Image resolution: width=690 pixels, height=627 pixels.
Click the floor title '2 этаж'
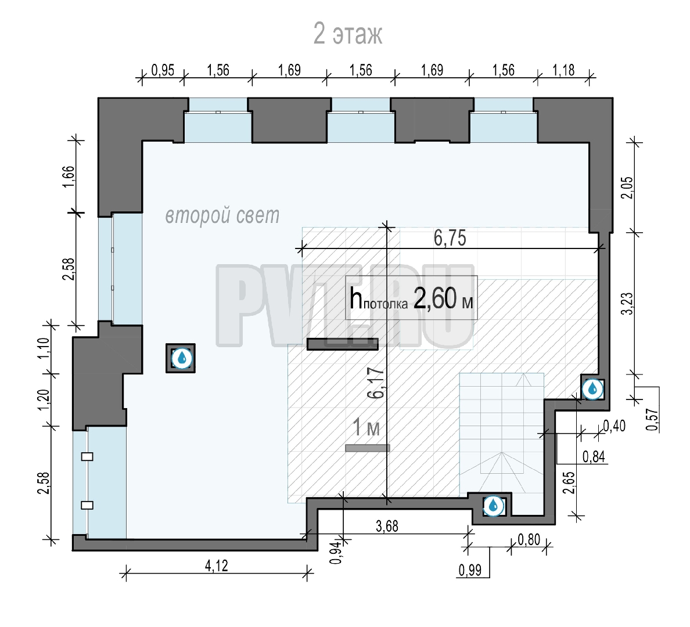coord(348,34)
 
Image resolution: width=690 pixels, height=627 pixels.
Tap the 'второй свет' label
coord(222,215)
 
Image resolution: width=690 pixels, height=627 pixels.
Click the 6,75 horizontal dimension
coord(450,238)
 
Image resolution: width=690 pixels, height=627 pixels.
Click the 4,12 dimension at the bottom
coord(217,565)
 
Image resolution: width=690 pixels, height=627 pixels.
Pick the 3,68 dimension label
coord(387,526)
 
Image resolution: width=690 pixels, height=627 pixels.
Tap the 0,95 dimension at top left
coord(163,70)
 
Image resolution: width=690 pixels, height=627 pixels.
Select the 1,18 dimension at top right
coord(563,70)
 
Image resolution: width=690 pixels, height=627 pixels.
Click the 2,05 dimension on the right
coord(627,188)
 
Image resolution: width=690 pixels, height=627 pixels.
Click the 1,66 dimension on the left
coord(69,176)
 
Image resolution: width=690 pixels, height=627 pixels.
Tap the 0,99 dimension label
coord(470,570)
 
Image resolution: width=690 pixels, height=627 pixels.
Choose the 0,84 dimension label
coord(594,457)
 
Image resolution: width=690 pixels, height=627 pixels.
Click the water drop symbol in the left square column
coord(181,359)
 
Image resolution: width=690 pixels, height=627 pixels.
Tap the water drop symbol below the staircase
coord(493,506)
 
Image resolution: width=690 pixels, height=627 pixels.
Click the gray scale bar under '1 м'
coord(368,448)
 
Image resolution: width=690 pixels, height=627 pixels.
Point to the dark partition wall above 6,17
coord(342,344)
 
